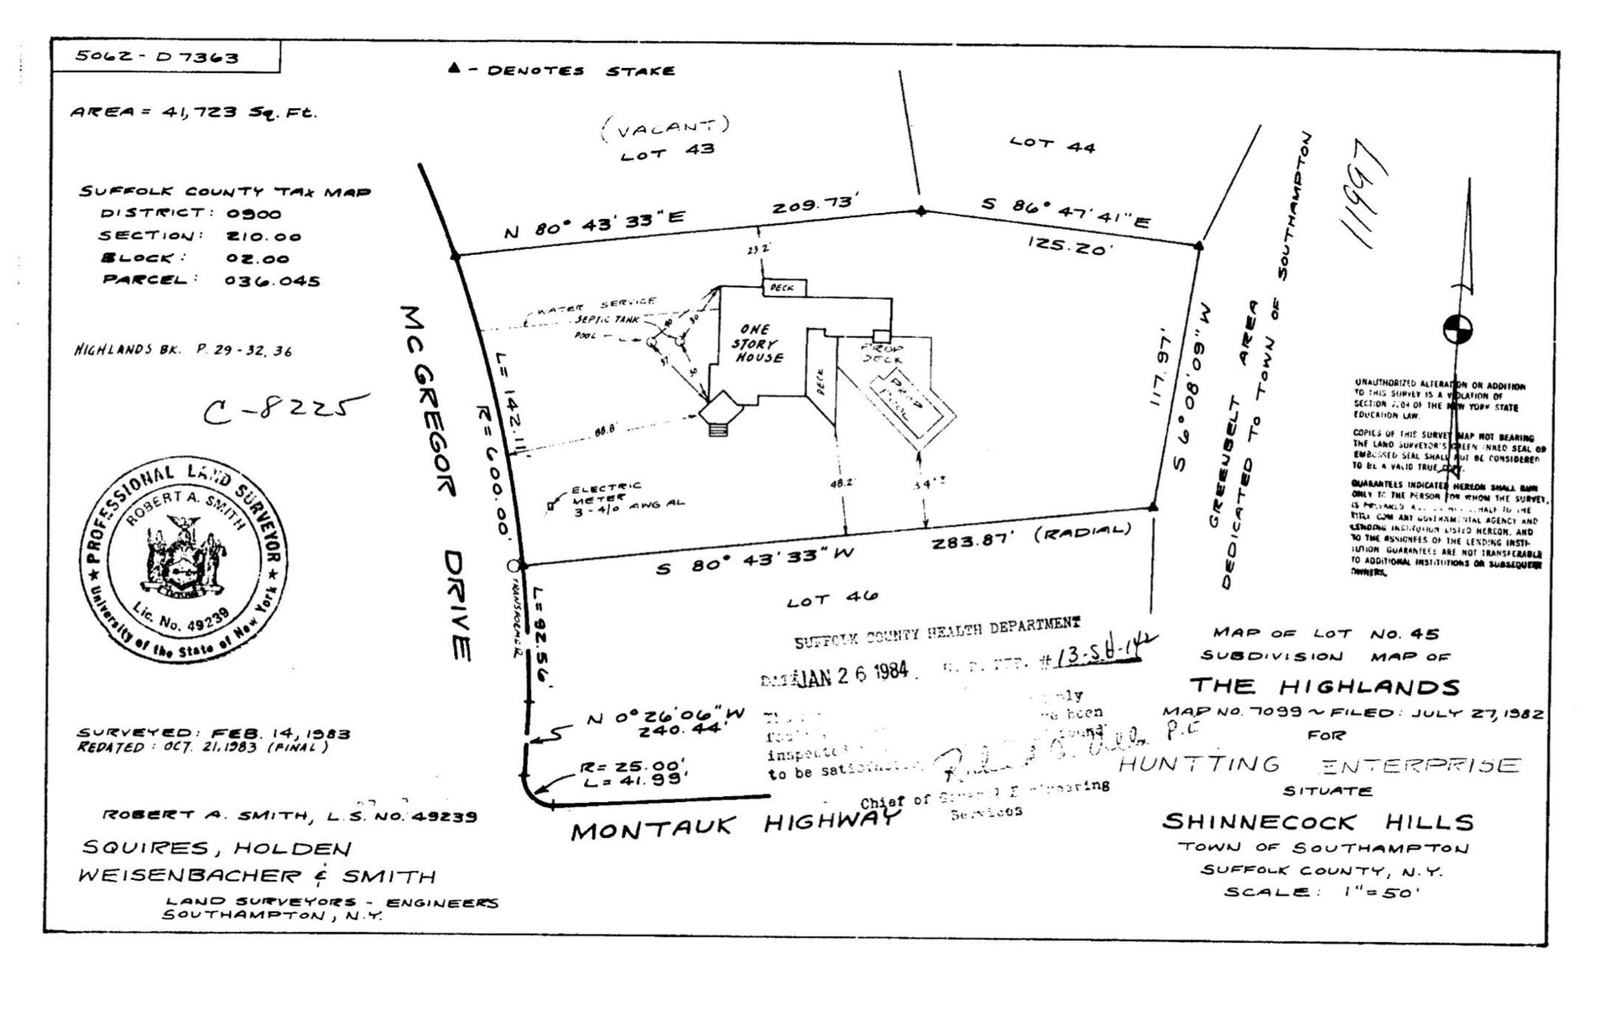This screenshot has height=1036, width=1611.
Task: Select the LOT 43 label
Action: (x=667, y=152)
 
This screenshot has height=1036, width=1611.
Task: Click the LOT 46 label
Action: (x=832, y=599)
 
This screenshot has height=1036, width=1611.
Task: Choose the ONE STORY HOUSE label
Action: (x=758, y=343)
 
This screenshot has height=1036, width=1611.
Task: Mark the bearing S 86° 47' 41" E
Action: (x=1066, y=211)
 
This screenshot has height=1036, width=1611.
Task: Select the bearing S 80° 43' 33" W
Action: (x=754, y=561)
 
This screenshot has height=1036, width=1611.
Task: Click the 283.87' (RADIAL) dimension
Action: (x=1031, y=537)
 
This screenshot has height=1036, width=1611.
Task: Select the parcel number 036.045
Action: (x=272, y=281)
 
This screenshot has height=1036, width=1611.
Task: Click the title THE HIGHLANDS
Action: (x=1324, y=686)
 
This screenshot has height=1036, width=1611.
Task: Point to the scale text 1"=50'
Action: (x=1377, y=892)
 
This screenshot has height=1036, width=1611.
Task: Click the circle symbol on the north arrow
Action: (x=1457, y=329)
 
